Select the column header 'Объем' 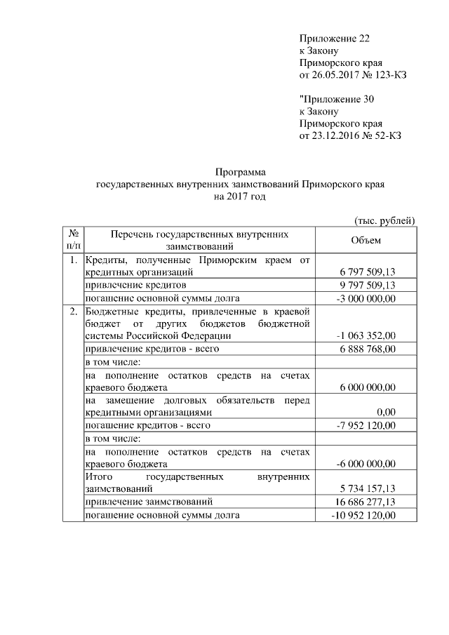point(365,241)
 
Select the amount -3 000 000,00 point(366,298)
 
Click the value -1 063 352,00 point(366,336)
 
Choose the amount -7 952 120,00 point(366,425)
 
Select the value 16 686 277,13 point(365,502)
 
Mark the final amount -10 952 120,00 point(363,515)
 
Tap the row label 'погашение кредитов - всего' point(147,425)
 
